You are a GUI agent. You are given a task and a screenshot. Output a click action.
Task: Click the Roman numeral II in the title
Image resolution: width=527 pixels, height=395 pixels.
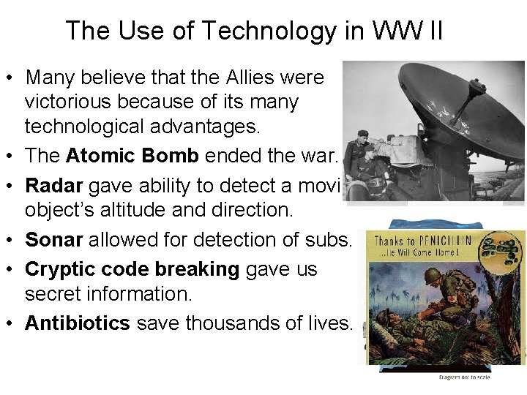(x=432, y=31)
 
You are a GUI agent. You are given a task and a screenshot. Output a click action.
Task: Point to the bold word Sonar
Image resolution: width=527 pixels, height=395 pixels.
(x=53, y=240)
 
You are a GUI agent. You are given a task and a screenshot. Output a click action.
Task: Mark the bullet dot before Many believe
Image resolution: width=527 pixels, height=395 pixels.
(x=12, y=78)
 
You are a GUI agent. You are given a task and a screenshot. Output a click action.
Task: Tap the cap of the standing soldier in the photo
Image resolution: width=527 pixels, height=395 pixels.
(x=364, y=134)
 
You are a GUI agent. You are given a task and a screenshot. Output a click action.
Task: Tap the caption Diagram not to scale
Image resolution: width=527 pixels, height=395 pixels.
(x=464, y=377)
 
